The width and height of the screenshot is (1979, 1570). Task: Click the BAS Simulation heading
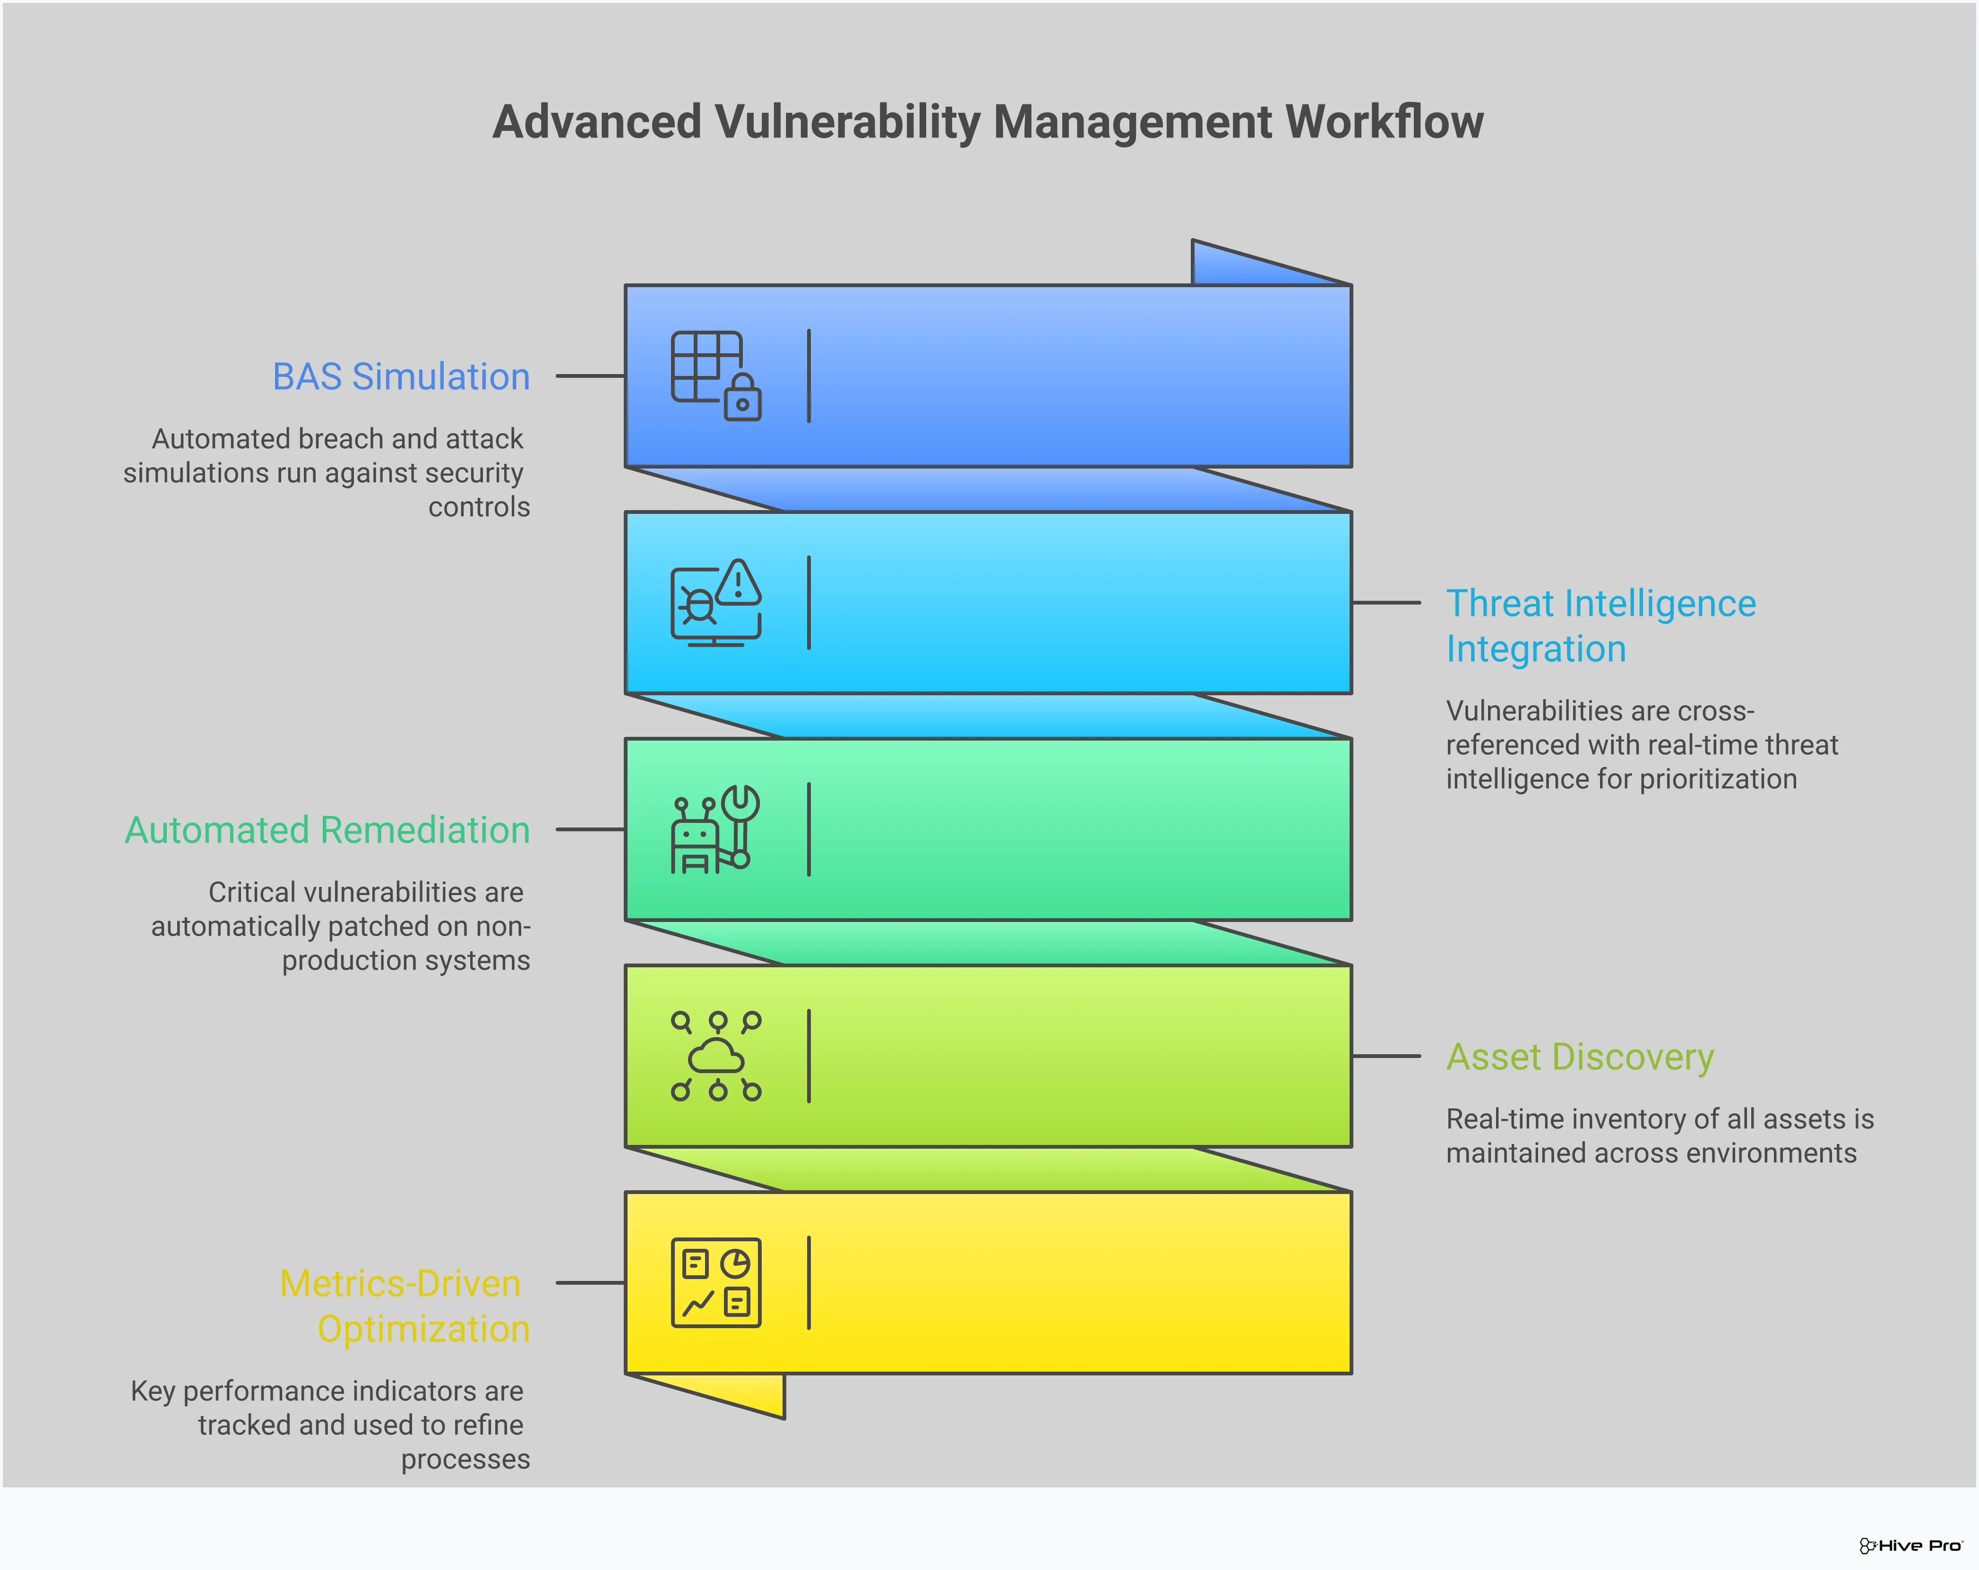[401, 377]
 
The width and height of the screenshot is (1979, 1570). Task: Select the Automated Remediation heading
[327, 830]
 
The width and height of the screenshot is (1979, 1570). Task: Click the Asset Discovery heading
[1580, 1057]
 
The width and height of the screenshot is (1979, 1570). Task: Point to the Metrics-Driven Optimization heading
[404, 1305]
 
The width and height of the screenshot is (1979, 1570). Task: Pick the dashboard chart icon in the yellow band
[716, 1283]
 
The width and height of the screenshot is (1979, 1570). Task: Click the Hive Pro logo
[1910, 1546]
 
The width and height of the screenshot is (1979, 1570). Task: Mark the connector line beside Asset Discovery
[1386, 1056]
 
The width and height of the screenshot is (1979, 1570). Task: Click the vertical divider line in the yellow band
[809, 1283]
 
